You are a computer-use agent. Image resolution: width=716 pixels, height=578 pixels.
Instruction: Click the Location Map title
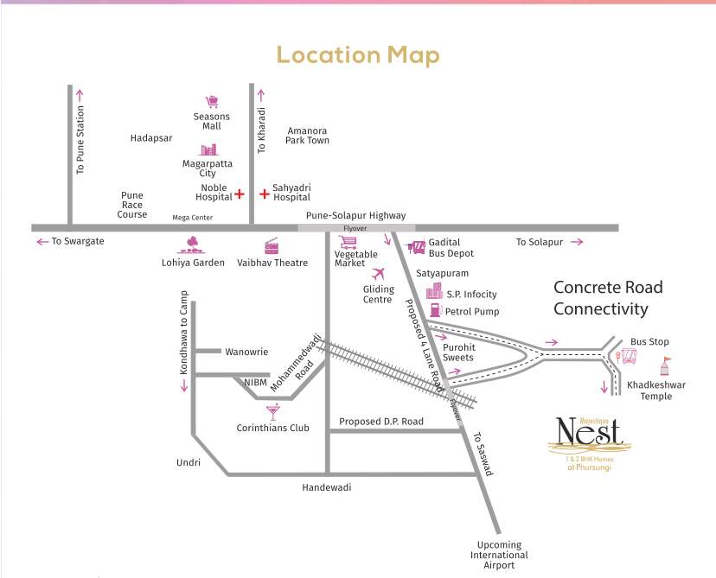[357, 56]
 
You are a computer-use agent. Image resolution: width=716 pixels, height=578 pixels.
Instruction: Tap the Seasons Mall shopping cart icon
[212, 102]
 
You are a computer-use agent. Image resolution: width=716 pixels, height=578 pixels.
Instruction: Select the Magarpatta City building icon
[208, 149]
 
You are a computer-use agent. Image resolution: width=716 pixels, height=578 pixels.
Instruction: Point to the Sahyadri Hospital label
[291, 193]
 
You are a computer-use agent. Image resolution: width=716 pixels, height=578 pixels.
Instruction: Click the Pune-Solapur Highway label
[355, 215]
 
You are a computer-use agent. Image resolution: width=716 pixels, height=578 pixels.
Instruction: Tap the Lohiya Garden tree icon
[193, 245]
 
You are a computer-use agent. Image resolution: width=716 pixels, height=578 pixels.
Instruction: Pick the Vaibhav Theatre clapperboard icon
[272, 245]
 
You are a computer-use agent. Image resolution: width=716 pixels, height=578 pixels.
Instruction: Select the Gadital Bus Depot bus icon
[416, 247]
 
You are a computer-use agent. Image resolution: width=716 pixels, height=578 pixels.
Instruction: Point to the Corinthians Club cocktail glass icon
[273, 412]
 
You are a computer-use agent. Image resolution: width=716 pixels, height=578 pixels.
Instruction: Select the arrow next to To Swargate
[41, 242]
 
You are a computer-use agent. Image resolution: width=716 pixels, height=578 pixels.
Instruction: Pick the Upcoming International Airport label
[499, 555]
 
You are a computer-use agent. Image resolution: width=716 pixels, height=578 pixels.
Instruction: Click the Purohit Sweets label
[457, 352]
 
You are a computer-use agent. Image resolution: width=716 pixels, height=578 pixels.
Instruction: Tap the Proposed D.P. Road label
[380, 422]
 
